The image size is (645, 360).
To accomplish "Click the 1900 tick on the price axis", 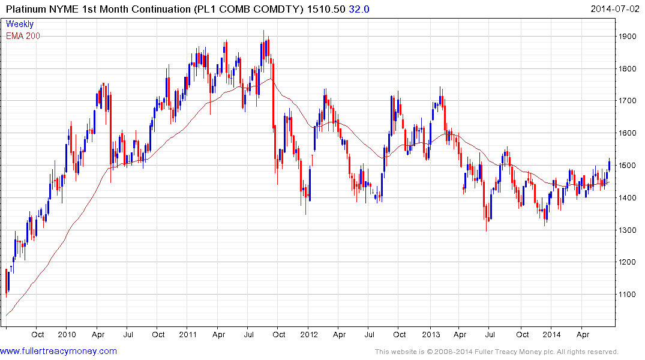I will click(628, 37).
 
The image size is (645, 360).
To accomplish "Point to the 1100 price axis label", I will click(628, 295).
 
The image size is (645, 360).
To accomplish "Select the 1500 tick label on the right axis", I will click(628, 166).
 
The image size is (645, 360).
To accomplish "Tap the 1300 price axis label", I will click(628, 230).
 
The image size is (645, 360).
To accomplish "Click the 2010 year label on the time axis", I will click(66, 335).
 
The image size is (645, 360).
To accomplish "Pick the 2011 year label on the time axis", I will click(188, 335).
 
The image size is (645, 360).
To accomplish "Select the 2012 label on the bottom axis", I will click(309, 335).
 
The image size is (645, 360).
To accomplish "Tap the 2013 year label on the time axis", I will click(431, 335).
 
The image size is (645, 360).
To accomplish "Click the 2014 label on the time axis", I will click(552, 335).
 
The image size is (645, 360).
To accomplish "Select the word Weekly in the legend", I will click(20, 25).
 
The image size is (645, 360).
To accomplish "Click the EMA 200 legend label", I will click(23, 36).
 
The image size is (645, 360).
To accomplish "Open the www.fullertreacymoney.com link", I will click(58, 351).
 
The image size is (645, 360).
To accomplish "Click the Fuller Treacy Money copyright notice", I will click(496, 352).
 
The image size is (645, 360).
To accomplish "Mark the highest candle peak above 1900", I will click(263, 31).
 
